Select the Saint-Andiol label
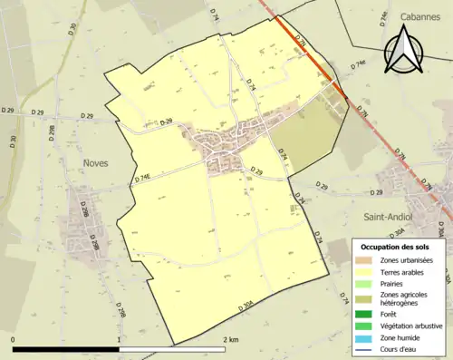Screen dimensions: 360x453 coord(387,218)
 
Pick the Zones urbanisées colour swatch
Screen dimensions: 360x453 coord(363,260)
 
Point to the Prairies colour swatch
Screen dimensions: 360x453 coord(363,282)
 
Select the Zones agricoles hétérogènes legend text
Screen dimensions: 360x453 coord(404,298)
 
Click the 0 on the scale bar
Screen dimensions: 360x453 coord(14,339)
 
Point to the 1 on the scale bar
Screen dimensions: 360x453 coord(119,339)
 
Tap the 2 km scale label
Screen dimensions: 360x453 coord(230,339)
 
